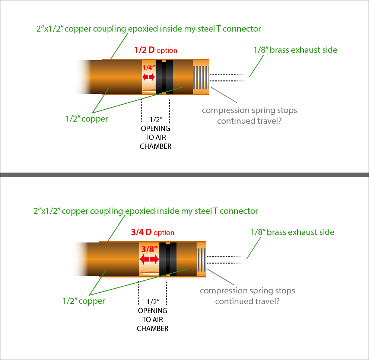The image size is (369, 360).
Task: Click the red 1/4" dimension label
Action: [148, 68]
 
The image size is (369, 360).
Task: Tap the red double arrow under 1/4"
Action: [149, 77]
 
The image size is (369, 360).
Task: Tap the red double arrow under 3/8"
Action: [149, 259]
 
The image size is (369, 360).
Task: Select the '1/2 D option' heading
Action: [156, 50]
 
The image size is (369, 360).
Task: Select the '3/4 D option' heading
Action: [153, 232]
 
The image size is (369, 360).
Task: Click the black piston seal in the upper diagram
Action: [164, 77]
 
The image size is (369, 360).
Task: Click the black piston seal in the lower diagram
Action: [168, 259]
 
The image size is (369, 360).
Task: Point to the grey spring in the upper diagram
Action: [200, 77]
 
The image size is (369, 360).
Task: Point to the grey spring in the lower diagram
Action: [201, 259]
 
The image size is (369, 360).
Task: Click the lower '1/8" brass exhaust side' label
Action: [292, 232]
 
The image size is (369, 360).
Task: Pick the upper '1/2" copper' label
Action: [87, 119]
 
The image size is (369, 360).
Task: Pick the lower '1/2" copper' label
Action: [84, 301]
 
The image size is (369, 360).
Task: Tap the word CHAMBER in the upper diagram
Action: [156, 146]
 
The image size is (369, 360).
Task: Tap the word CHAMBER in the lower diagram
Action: [153, 328]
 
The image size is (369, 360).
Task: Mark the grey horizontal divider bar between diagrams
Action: [184, 174]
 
